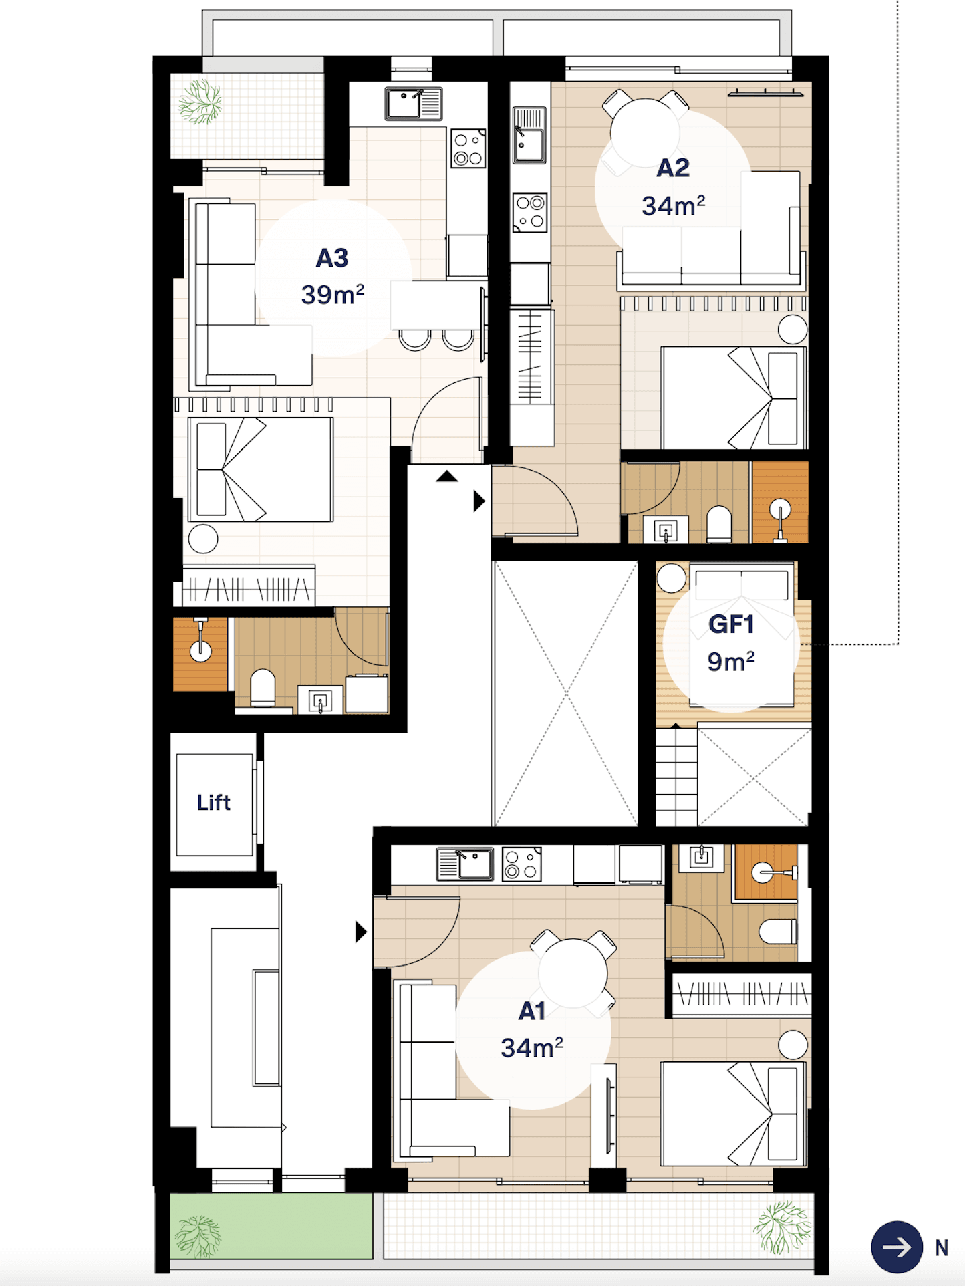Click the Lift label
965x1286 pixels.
pyautogui.click(x=213, y=802)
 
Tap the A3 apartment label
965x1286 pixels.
pyautogui.click(x=332, y=258)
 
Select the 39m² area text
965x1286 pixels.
pyautogui.click(x=332, y=294)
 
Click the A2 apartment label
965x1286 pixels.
pyautogui.click(x=672, y=168)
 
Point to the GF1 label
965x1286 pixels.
pyautogui.click(x=731, y=624)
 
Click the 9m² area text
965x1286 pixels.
pyautogui.click(x=730, y=662)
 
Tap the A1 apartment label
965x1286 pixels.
pyautogui.click(x=532, y=1011)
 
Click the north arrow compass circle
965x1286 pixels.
pyautogui.click(x=896, y=1247)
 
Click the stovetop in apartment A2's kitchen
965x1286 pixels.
pyautogui.click(x=530, y=212)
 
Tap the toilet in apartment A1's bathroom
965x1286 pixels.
pyautogui.click(x=779, y=931)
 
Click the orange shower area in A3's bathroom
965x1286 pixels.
pyautogui.click(x=200, y=653)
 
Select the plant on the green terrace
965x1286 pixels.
pyautogui.click(x=198, y=1235)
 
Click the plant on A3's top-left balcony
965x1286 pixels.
pyautogui.click(x=200, y=102)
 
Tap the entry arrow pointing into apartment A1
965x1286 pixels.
pyautogui.click(x=361, y=932)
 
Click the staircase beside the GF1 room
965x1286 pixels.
pyautogui.click(x=676, y=777)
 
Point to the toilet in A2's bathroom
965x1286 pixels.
pyautogui.click(x=719, y=525)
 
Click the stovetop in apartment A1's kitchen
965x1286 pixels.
pyautogui.click(x=521, y=864)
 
